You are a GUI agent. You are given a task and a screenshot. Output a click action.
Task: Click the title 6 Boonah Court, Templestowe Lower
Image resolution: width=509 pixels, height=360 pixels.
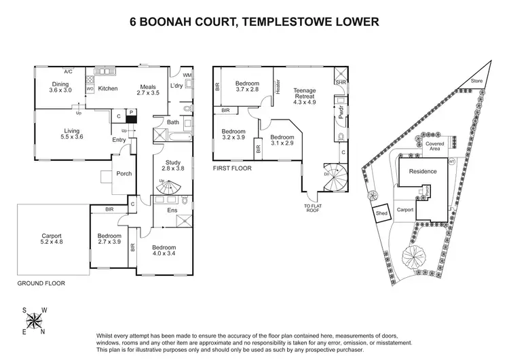tap(254, 22)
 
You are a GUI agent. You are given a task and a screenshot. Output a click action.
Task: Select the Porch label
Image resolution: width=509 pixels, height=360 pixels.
tap(124, 173)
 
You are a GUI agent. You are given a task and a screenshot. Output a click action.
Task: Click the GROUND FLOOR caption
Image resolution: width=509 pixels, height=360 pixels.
tap(41, 282)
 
